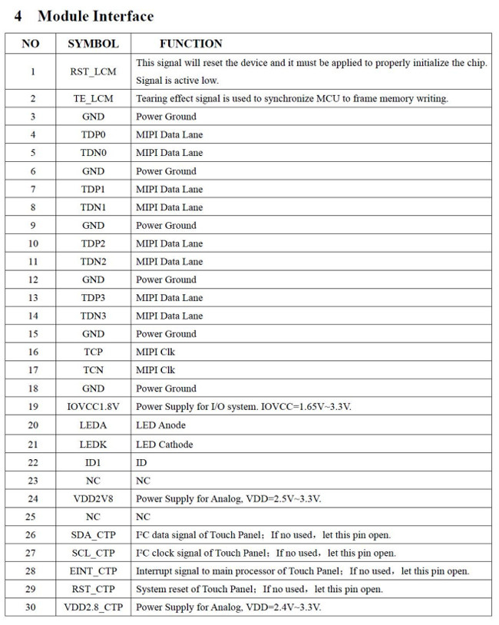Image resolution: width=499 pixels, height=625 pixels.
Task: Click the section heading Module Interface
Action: click(x=95, y=16)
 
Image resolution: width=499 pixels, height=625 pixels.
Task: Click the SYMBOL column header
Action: click(x=93, y=44)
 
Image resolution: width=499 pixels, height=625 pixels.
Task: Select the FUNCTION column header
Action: click(x=190, y=44)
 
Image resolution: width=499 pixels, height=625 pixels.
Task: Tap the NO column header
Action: click(x=31, y=44)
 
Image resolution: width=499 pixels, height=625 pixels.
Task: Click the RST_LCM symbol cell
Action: click(x=93, y=71)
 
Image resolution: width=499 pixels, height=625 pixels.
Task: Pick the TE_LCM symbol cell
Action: click(x=93, y=99)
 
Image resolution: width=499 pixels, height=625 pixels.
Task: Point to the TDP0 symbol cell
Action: click(x=93, y=135)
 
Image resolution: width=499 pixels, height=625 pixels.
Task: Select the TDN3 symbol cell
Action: click(x=93, y=316)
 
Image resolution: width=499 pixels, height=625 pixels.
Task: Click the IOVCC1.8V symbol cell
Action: click(x=93, y=406)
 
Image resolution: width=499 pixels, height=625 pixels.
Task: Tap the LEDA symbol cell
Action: click(x=93, y=425)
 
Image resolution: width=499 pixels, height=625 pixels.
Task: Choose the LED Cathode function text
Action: click(x=164, y=445)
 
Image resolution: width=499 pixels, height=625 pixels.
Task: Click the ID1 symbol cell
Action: click(x=93, y=463)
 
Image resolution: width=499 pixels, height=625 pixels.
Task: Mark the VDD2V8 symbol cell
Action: click(x=93, y=499)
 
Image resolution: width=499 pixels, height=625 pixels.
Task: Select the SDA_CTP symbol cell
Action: click(x=93, y=535)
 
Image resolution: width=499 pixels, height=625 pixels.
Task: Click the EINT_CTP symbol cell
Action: click(x=93, y=571)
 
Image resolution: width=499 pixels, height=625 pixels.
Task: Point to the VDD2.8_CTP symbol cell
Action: click(x=93, y=607)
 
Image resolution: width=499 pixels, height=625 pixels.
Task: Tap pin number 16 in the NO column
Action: click(x=32, y=352)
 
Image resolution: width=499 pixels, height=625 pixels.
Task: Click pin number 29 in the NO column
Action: click(x=32, y=590)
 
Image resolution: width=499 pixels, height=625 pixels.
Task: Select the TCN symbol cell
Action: click(x=93, y=370)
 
